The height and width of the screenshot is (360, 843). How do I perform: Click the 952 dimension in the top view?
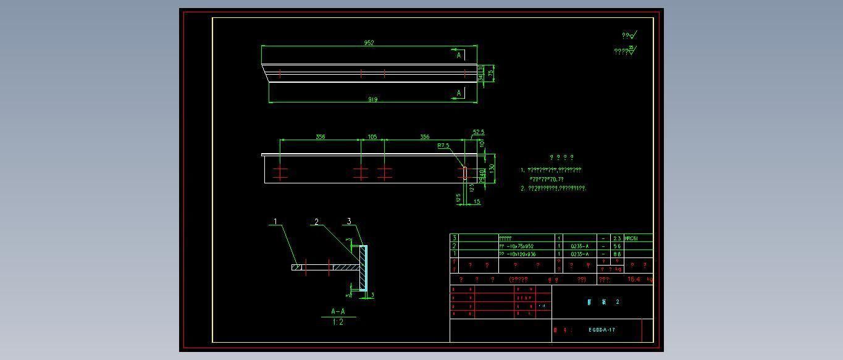[x=369, y=43]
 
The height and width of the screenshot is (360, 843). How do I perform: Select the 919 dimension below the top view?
[x=372, y=99]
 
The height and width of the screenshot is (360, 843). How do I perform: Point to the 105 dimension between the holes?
[x=372, y=137]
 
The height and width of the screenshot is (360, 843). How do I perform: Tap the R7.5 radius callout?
[x=443, y=146]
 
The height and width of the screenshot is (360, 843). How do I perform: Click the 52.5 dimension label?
[x=479, y=132]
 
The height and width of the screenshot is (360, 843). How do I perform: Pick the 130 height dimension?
[x=492, y=167]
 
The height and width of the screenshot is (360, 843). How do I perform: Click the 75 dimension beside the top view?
[x=491, y=73]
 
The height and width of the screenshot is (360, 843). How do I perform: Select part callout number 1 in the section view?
[x=276, y=222]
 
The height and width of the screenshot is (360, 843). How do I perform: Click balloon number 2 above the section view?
[x=317, y=222]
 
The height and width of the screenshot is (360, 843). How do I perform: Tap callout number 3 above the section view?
[x=349, y=221]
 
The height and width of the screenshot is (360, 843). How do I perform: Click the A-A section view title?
[x=338, y=312]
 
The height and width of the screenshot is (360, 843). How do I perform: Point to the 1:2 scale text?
[x=338, y=322]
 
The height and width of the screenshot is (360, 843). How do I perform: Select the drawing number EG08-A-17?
[x=602, y=330]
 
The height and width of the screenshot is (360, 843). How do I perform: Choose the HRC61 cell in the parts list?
[x=631, y=238]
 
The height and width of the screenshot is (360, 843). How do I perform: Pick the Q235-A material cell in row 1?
[x=579, y=254]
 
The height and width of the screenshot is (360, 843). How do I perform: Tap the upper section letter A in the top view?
[x=459, y=56]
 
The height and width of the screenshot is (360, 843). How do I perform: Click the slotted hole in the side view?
[x=465, y=173]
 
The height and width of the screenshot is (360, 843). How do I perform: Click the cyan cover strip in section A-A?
[x=365, y=269]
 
